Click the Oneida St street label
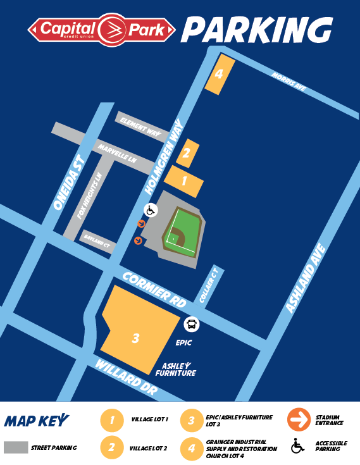[x=69, y=183]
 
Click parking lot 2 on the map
[x=187, y=153]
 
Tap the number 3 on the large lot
[x=135, y=338]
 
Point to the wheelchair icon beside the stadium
[x=151, y=209]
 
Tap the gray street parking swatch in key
[x=16, y=447]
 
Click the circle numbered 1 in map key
[x=111, y=419]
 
